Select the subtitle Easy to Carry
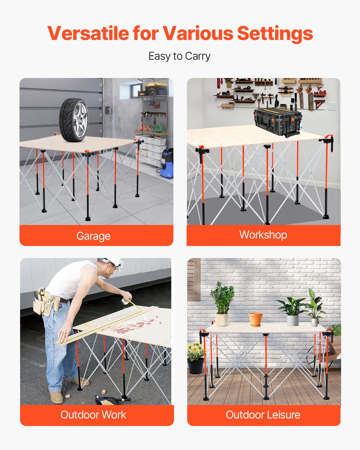coord(179,56)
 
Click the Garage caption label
coord(93,236)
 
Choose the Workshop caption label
coord(263,235)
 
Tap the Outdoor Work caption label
coord(93,415)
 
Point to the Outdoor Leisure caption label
coord(263,415)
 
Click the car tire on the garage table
coord(73,119)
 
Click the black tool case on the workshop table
coord(277,121)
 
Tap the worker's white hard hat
coord(114,262)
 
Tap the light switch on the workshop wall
coord(331,106)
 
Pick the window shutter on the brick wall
coord(193,279)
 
